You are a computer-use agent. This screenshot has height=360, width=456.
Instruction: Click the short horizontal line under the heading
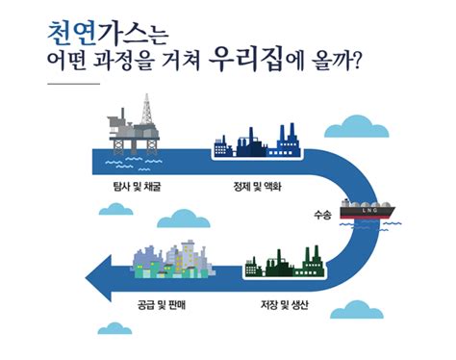[73, 84]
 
